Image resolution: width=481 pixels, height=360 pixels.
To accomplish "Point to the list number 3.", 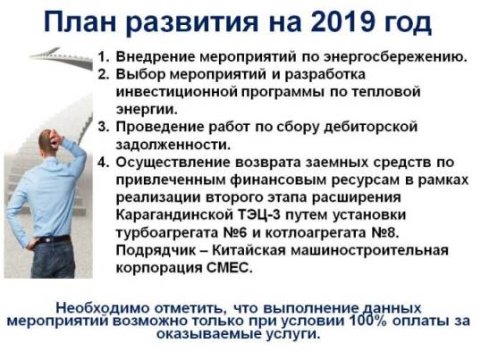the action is [104, 127].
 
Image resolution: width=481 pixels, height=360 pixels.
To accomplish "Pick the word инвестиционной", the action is [176, 92].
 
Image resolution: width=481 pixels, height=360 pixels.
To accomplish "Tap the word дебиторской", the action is [371, 127].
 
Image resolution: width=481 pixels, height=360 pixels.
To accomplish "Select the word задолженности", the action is [173, 145].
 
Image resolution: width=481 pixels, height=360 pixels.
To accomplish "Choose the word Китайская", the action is [249, 250].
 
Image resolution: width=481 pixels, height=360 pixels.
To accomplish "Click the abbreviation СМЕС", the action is [230, 268].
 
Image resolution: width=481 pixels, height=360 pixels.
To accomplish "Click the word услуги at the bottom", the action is [292, 334].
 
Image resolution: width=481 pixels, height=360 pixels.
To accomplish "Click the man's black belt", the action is [54, 239].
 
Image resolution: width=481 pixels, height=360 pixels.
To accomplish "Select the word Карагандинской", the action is [174, 214].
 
